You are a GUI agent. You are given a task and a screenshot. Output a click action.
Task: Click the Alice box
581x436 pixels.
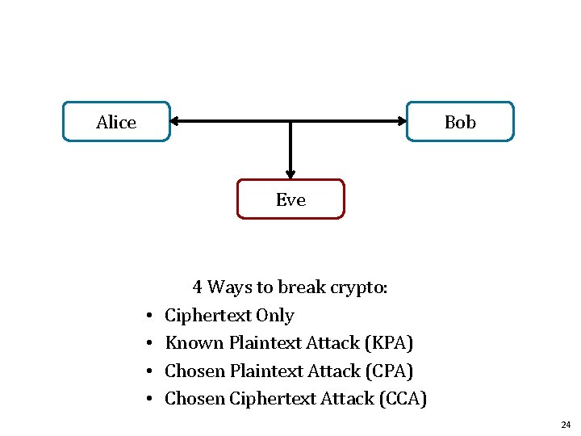pyautogui.click(x=116, y=122)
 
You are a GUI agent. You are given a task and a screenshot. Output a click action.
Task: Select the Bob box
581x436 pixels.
pyautogui.click(x=460, y=122)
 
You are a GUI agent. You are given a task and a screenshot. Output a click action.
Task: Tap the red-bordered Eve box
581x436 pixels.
pyautogui.click(x=290, y=199)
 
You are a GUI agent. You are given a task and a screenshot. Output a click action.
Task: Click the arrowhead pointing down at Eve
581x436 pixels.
pyautogui.click(x=290, y=173)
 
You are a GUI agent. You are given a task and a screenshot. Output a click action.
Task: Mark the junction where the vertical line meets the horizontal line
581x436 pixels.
pyautogui.click(x=290, y=122)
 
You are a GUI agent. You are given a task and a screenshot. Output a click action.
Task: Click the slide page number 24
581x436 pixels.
pyautogui.click(x=565, y=425)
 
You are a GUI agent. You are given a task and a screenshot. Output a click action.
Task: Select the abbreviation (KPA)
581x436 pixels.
pyautogui.click(x=389, y=343)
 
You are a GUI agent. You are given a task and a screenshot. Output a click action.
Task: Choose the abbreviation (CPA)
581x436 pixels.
pyautogui.click(x=388, y=371)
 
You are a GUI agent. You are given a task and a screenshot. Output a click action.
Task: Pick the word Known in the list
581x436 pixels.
pyautogui.click(x=194, y=343)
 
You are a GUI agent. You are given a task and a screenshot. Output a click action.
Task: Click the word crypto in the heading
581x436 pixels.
pyautogui.click(x=361, y=287)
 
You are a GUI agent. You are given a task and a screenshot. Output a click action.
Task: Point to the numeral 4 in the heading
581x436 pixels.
pyautogui.click(x=197, y=287)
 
